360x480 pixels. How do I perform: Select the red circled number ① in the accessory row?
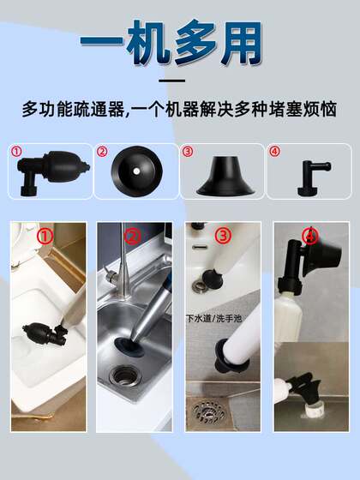tap(15, 153)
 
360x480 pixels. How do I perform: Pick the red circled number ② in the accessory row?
tap(102, 153)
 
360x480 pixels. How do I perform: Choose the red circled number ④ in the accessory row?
tap(274, 153)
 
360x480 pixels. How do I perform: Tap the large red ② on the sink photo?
tap(131, 237)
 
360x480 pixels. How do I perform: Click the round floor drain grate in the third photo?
tap(210, 411)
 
